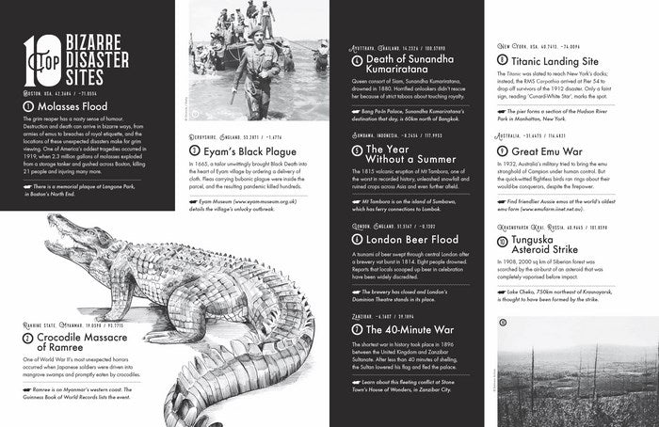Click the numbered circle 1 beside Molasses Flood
pyautogui.click(x=27, y=107)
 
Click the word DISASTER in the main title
pyautogui.click(x=104, y=55)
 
